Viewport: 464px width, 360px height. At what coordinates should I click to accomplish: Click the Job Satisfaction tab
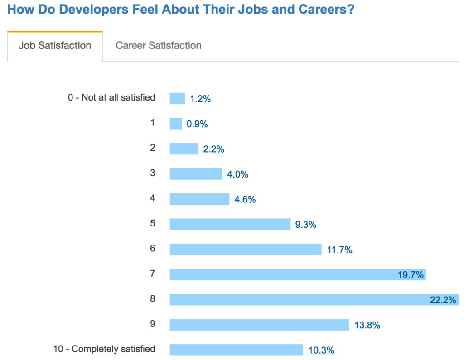coord(55,46)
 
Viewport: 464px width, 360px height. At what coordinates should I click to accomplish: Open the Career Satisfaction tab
coord(159,46)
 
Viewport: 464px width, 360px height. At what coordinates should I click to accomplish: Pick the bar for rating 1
coord(176,124)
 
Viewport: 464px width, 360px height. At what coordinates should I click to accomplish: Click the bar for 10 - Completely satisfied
coord(236,350)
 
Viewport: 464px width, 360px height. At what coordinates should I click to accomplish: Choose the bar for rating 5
coord(230,224)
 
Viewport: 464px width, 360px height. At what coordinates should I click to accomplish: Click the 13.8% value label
coord(367,325)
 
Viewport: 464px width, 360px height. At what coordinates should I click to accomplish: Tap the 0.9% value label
coord(197,124)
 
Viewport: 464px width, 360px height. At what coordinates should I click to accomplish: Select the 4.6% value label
coord(245,199)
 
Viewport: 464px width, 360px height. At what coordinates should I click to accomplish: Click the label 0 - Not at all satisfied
coord(111,97)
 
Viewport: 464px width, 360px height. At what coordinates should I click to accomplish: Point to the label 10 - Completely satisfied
coord(104,349)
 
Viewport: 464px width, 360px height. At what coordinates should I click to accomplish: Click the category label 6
coord(153,248)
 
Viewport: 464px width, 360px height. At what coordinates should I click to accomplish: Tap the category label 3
coord(153,173)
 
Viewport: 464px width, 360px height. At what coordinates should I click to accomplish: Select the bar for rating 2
coord(184,149)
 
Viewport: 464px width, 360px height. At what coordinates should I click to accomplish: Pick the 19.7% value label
coord(411,274)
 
